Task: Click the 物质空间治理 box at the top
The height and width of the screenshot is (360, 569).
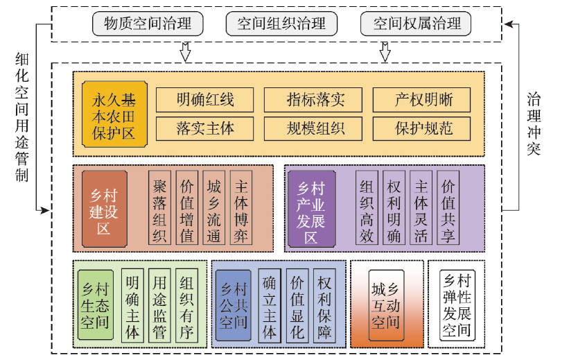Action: pos(148,24)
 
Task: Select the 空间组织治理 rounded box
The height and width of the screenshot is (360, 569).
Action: pos(281,24)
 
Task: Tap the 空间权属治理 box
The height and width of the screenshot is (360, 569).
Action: pos(416,24)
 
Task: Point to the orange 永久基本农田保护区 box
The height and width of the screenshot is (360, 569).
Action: pos(114,114)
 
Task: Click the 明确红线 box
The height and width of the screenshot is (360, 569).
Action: pos(204,99)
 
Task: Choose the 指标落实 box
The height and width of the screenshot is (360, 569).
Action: pos(313,99)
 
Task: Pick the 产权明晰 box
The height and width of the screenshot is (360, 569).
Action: pos(421,99)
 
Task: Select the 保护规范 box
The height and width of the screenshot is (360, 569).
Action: pos(421,128)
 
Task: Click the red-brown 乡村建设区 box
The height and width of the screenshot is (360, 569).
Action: pos(105,209)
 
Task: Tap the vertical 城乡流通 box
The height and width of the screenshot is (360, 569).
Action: pos(213,208)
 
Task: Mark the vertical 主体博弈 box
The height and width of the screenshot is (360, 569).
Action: pos(241,208)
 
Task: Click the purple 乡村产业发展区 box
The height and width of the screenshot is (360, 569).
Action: pos(311,209)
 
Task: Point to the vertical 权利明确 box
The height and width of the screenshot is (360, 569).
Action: pos(394,208)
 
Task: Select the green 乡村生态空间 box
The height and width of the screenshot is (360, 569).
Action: pos(96,305)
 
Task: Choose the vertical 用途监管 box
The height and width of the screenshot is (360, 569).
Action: pos(159,305)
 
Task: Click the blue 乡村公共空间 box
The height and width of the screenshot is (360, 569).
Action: pos(234,305)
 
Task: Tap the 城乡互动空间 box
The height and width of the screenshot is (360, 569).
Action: pos(386,305)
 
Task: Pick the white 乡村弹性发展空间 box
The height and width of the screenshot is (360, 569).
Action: pos(457,305)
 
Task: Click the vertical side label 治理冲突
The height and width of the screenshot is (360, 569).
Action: pos(534,124)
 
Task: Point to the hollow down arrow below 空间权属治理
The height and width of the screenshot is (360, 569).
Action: pos(385,52)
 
